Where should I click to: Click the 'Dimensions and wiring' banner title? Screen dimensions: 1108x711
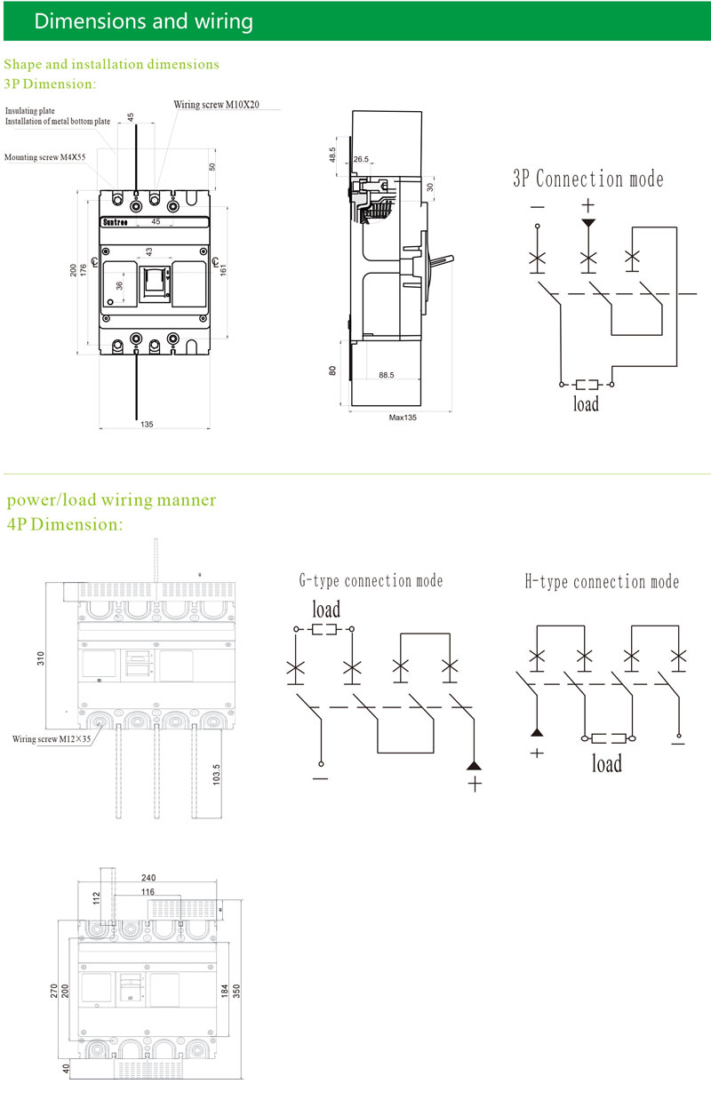[x=143, y=21]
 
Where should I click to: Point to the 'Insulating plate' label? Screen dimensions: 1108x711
[x=29, y=111]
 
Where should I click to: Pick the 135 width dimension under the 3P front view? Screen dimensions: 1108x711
[x=147, y=425]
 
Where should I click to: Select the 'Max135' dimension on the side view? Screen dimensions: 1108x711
[x=403, y=417]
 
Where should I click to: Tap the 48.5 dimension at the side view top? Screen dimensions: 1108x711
[x=332, y=154]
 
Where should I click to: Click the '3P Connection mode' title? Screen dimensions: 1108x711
[x=587, y=179]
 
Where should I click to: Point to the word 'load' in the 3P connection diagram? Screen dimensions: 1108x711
[x=586, y=404]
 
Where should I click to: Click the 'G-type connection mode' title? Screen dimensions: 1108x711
[x=371, y=581]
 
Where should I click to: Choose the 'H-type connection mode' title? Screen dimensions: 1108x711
[x=602, y=582]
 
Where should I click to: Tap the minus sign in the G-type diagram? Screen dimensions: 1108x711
[x=320, y=779]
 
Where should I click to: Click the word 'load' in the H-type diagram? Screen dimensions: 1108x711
[x=607, y=763]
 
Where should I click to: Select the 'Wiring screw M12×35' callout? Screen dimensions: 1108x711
[x=52, y=738]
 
